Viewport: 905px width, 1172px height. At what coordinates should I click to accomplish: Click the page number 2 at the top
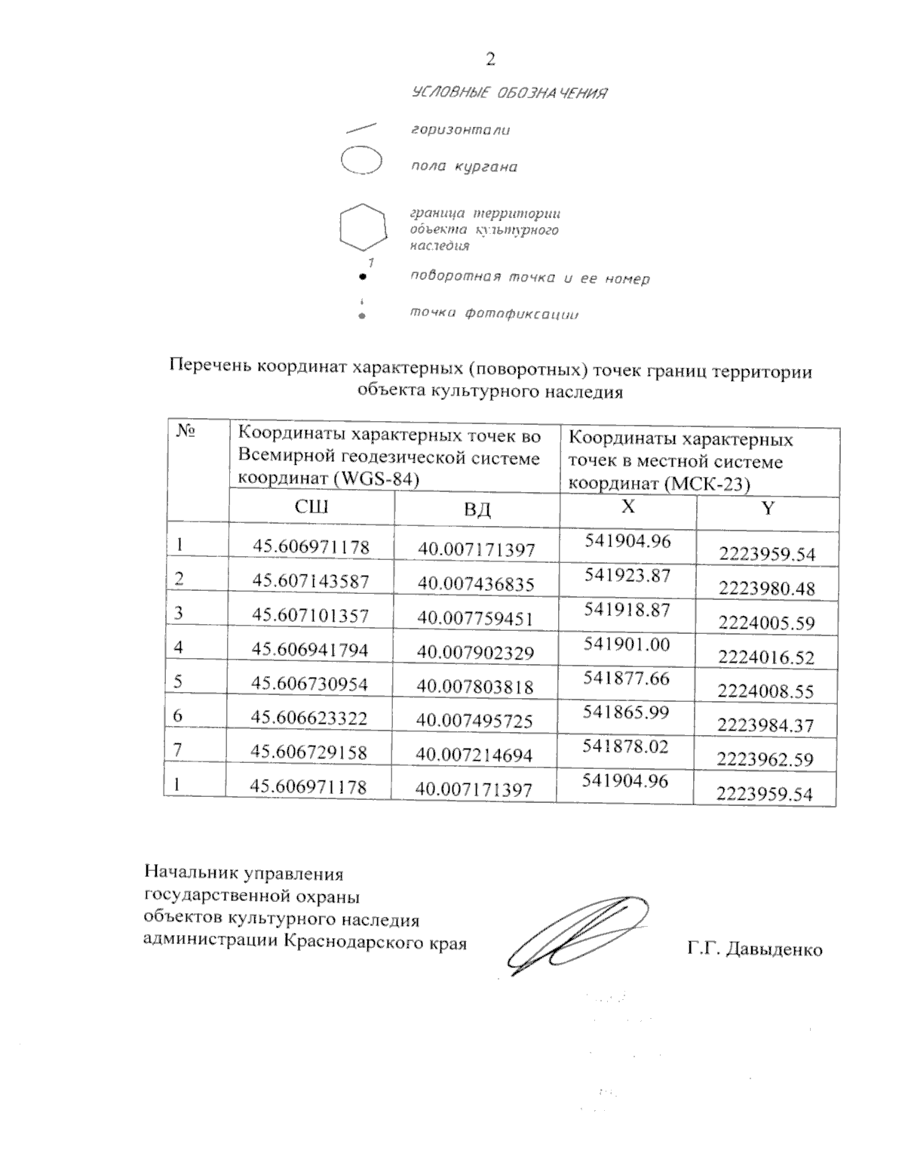(x=491, y=58)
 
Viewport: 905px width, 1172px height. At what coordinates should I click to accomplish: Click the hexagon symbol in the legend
(x=363, y=226)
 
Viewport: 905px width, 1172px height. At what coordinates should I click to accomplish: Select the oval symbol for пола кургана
(x=361, y=161)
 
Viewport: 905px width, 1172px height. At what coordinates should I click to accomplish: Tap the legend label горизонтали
(x=460, y=130)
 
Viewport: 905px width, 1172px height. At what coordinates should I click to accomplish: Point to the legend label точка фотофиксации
(x=494, y=314)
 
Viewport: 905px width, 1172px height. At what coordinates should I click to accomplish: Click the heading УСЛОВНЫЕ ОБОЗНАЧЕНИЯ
(x=510, y=94)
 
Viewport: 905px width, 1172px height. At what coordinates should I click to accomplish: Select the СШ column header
(x=311, y=507)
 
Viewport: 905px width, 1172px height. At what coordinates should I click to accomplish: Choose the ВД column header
(x=477, y=509)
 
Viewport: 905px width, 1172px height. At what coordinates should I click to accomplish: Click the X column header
(x=627, y=506)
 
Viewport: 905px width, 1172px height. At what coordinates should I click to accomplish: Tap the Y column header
(x=767, y=509)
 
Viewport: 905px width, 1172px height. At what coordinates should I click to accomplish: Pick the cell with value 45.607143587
(x=311, y=582)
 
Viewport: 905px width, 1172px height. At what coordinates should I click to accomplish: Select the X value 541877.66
(x=627, y=678)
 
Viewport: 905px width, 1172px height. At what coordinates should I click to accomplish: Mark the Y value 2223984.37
(x=765, y=725)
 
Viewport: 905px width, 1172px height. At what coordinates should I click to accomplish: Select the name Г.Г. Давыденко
(x=754, y=949)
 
